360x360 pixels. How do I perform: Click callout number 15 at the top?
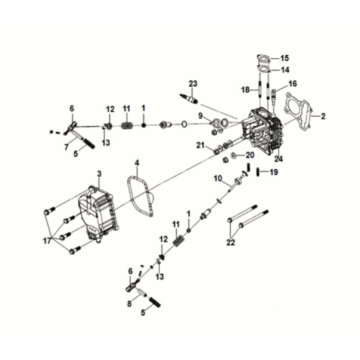coord(283,58)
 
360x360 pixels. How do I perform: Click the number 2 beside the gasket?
coord(323,118)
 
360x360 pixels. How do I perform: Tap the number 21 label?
coord(201,147)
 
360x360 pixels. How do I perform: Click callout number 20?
coord(250,155)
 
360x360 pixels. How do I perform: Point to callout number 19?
coord(275,173)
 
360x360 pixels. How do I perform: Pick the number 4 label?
coord(138,162)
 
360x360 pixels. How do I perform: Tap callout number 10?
coord(216,178)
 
